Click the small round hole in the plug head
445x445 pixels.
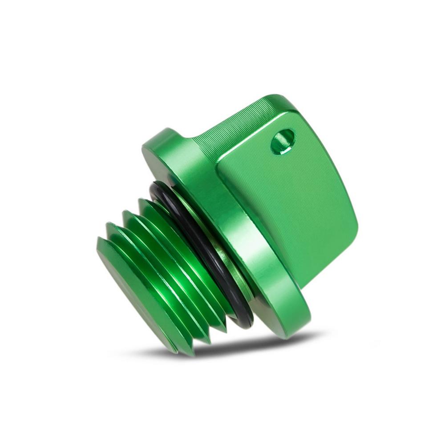[283, 142]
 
